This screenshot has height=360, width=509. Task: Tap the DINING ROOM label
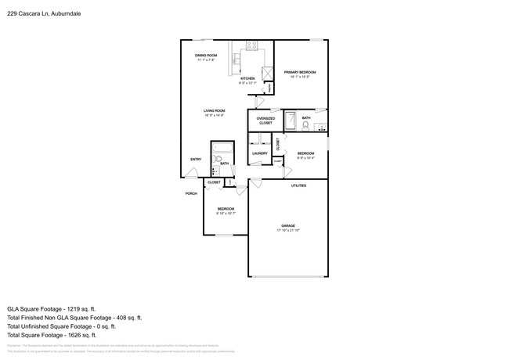[206, 55]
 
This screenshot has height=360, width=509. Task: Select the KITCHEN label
[247, 78]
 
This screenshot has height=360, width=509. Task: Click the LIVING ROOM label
[215, 111]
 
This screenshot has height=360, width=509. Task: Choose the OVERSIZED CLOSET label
[265, 121]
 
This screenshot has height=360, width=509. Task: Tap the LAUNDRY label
[259, 153]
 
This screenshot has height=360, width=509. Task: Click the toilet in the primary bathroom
[305, 125]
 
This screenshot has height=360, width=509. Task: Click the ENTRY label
[196, 160]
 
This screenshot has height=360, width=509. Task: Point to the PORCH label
[190, 193]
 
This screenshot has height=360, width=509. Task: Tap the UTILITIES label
[298, 185]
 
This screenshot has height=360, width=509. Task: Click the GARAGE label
[288, 225]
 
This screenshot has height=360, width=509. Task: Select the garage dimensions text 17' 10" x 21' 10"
[288, 231]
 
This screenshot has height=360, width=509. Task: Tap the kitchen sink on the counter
[236, 60]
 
